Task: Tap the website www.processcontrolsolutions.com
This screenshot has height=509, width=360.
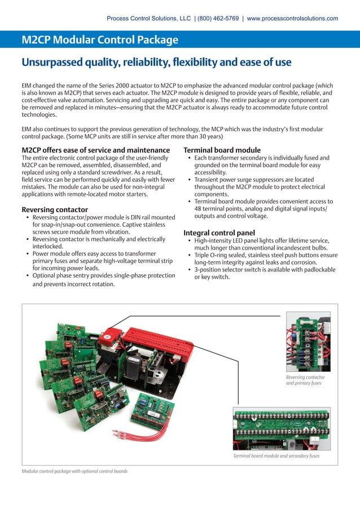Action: [292, 19]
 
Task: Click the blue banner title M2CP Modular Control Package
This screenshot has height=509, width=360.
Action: [100, 40]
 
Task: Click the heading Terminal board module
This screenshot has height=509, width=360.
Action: [222, 150]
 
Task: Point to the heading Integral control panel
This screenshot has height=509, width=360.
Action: [219, 232]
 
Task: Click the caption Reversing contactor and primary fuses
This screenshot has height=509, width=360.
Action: [305, 380]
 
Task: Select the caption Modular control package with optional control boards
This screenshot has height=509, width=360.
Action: [74, 471]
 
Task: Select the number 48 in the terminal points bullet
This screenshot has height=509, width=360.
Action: [199, 209]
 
